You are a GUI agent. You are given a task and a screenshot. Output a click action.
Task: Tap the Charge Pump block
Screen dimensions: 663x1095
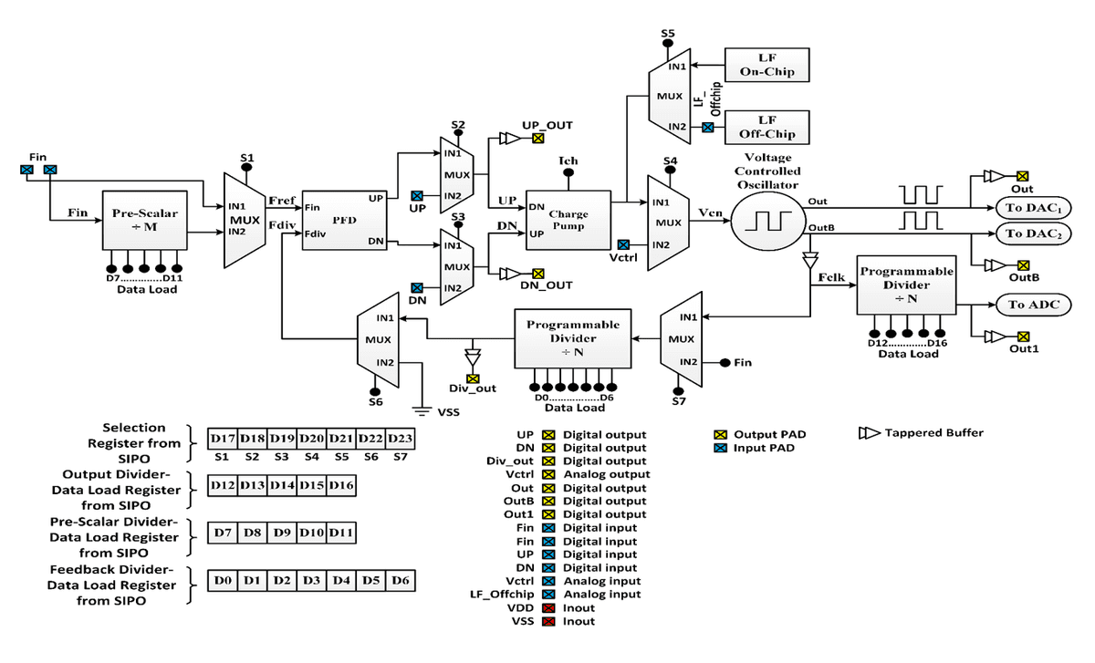[x=568, y=220]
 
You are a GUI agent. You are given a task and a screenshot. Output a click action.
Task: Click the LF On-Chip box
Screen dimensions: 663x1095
[x=766, y=65]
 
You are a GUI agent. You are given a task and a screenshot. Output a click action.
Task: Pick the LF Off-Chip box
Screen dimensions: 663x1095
[x=766, y=127]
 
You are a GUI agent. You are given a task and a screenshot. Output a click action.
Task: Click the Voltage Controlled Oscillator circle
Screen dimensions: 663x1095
[x=768, y=221]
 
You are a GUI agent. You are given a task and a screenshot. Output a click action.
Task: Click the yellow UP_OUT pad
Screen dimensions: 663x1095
[x=537, y=140]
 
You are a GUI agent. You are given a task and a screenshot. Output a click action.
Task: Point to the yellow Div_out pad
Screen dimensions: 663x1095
[x=473, y=378]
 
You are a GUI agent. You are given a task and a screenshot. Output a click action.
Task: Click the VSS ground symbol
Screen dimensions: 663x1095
[x=422, y=405]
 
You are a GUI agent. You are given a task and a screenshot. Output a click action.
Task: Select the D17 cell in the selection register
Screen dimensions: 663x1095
[x=222, y=439]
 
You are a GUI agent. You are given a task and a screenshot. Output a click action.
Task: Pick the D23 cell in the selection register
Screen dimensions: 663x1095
[x=401, y=439]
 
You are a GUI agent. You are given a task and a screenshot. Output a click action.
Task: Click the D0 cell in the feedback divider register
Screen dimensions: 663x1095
[x=222, y=579]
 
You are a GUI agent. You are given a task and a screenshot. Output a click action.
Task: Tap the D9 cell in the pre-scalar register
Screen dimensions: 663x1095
[x=281, y=532]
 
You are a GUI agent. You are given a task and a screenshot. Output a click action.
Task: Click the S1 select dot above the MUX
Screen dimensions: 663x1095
[x=246, y=170]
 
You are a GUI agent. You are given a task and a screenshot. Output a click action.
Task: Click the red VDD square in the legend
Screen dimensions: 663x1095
[x=548, y=607]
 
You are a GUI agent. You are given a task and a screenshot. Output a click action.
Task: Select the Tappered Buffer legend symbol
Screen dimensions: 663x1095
[x=869, y=433]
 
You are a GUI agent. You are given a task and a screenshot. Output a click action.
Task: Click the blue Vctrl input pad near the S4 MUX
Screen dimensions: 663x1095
[x=622, y=244]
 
